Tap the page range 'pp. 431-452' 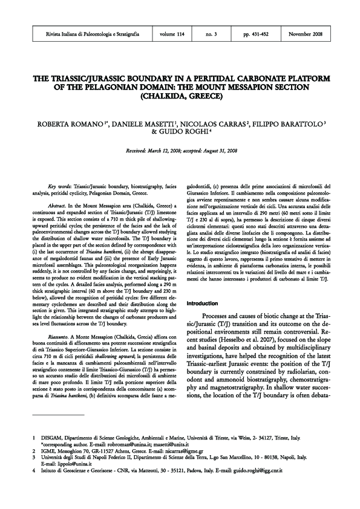point(256,36)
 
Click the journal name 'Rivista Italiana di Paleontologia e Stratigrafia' point(94,36)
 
